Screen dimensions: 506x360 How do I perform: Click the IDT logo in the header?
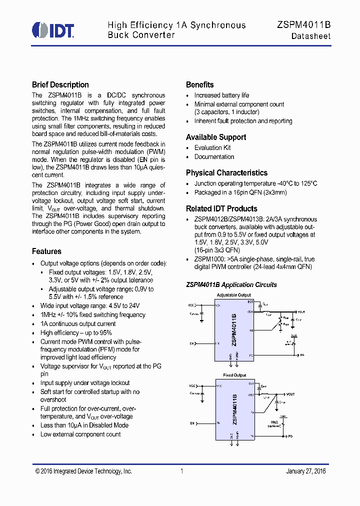[x=53, y=30]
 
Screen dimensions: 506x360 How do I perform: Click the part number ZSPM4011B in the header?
[x=303, y=25]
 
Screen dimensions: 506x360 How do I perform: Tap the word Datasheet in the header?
[x=311, y=36]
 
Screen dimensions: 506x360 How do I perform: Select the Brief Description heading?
[x=60, y=85]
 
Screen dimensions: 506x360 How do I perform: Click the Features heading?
[x=46, y=251]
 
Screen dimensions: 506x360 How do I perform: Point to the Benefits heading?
[x=199, y=85]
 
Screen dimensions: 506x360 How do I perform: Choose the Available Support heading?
[x=216, y=137]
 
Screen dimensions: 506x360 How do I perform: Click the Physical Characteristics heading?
[x=226, y=173]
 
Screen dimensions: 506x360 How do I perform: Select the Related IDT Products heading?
[x=221, y=209]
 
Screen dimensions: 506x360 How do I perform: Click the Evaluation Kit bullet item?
[x=212, y=148]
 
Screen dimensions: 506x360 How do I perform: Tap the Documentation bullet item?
[x=214, y=157]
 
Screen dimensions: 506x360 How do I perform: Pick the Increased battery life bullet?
[x=221, y=95]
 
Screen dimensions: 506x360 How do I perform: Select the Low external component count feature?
[x=80, y=434]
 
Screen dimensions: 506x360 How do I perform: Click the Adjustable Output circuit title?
[x=234, y=295]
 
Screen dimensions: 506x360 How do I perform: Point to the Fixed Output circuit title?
[x=234, y=375]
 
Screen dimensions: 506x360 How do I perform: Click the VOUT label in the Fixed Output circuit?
[x=291, y=394]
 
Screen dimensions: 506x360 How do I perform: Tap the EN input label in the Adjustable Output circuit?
[x=191, y=343]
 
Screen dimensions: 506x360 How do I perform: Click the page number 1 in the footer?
[x=182, y=471]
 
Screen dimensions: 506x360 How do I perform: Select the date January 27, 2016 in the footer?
[x=305, y=471]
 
